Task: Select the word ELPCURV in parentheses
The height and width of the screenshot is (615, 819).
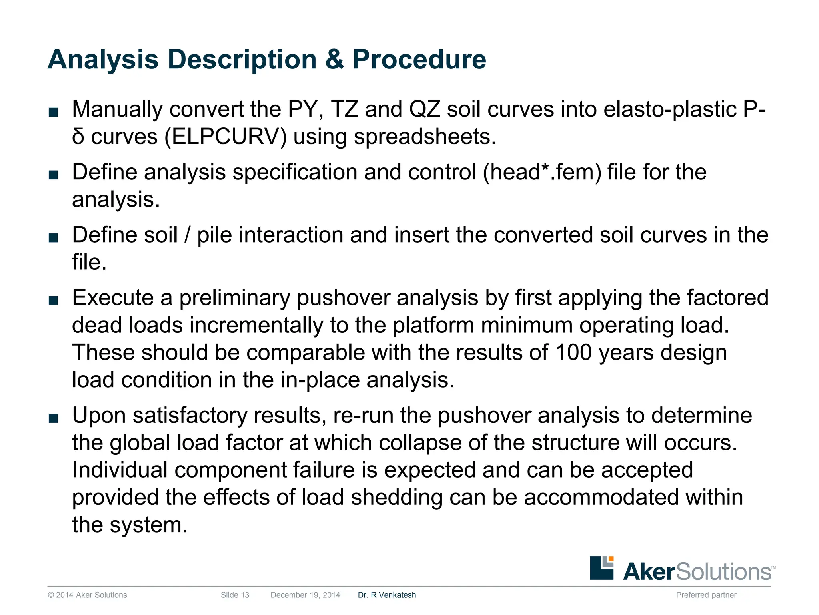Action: [x=226, y=137]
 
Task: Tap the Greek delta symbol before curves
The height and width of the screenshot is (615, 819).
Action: [x=78, y=137]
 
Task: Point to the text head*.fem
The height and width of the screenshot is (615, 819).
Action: [x=542, y=172]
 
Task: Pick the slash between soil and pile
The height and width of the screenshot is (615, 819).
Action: [x=187, y=235]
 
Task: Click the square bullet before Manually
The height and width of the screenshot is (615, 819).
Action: [x=53, y=112]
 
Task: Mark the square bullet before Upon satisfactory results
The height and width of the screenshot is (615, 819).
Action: [x=53, y=418]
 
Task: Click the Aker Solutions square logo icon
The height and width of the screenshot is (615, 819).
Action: [x=601, y=567]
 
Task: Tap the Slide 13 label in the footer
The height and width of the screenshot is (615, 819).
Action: [x=235, y=595]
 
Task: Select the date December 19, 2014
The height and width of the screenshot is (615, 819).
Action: [x=305, y=595]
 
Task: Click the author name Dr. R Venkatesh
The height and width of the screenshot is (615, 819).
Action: [x=387, y=595]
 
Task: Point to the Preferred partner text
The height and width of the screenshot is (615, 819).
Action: [x=706, y=595]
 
